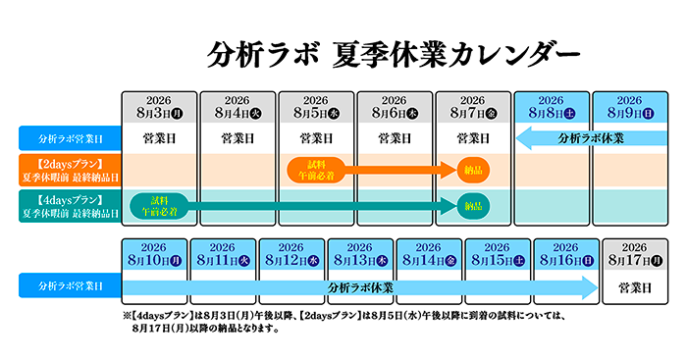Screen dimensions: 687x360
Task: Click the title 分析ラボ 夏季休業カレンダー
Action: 393,55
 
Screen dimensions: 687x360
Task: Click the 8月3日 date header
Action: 159,107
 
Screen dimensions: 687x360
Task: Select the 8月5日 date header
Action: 316,107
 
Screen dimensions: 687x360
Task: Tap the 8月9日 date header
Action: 630,107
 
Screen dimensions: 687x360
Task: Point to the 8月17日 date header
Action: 635,254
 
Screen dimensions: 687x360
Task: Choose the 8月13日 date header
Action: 360,254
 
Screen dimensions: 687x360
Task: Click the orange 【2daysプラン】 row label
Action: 70,171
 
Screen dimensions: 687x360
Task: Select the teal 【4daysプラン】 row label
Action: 70,206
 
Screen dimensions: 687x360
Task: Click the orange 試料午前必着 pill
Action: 316,170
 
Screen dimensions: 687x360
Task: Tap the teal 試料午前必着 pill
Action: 159,206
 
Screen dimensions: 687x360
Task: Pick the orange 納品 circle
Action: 473,170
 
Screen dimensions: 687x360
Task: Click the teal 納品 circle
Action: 473,206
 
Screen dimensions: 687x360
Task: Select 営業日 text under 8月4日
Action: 238,139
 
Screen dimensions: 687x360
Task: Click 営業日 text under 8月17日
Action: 635,287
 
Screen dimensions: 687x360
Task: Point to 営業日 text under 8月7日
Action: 473,139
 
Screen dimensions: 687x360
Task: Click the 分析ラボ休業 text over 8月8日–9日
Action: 591,138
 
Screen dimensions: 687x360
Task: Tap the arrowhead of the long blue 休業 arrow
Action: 590,287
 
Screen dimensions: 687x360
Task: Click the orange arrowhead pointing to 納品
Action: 449,170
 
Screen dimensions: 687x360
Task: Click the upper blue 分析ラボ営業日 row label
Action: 70,138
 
